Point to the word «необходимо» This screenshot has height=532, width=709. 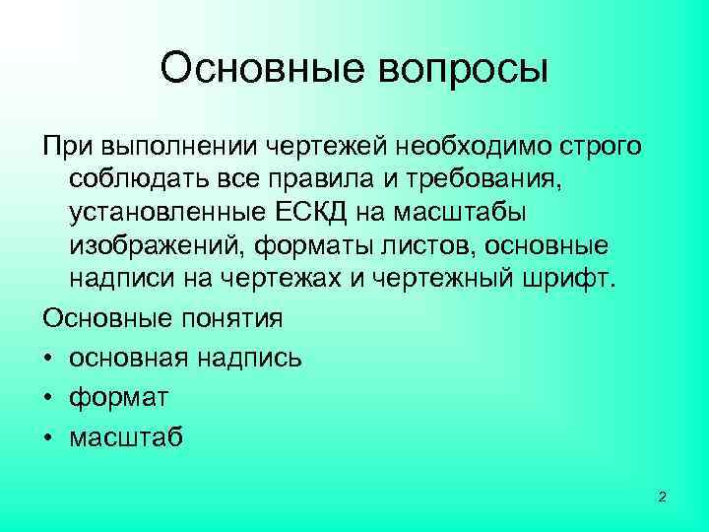[x=463, y=147]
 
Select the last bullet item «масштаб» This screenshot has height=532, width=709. [x=125, y=437]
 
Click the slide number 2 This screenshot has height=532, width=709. [x=662, y=498]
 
